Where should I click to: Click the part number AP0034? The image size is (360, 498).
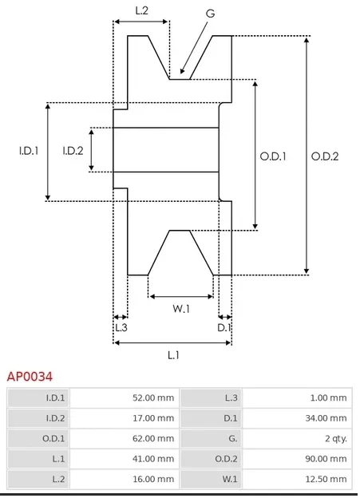click(x=30, y=377)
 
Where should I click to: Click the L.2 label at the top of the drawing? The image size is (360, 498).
click(x=142, y=10)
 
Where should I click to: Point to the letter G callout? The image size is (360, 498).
click(x=211, y=14)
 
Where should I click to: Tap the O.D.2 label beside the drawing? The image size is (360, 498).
click(x=325, y=156)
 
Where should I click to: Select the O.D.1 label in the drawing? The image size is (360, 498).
click(x=273, y=156)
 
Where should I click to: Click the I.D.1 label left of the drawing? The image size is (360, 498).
click(x=29, y=151)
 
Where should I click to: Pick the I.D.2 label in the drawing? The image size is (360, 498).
click(x=73, y=151)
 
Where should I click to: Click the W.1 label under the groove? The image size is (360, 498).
click(x=181, y=308)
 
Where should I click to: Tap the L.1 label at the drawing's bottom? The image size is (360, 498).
click(x=173, y=355)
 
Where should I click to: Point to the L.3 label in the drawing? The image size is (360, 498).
click(x=121, y=327)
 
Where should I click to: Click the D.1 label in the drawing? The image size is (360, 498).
click(x=224, y=327)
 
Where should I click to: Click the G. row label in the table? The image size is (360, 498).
click(x=232, y=439)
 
